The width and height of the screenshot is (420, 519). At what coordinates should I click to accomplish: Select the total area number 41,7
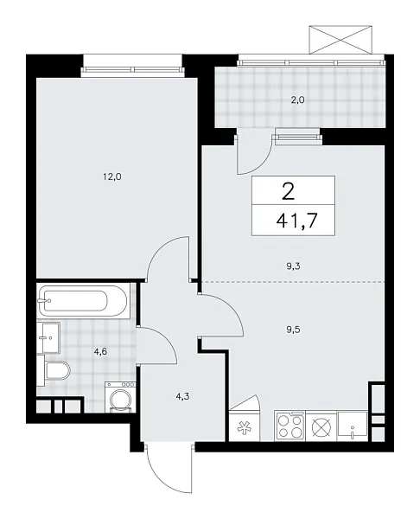point(294,220)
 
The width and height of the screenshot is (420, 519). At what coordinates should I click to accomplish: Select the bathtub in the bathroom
point(83,302)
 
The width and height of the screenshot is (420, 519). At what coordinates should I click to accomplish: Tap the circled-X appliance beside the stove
point(321,426)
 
